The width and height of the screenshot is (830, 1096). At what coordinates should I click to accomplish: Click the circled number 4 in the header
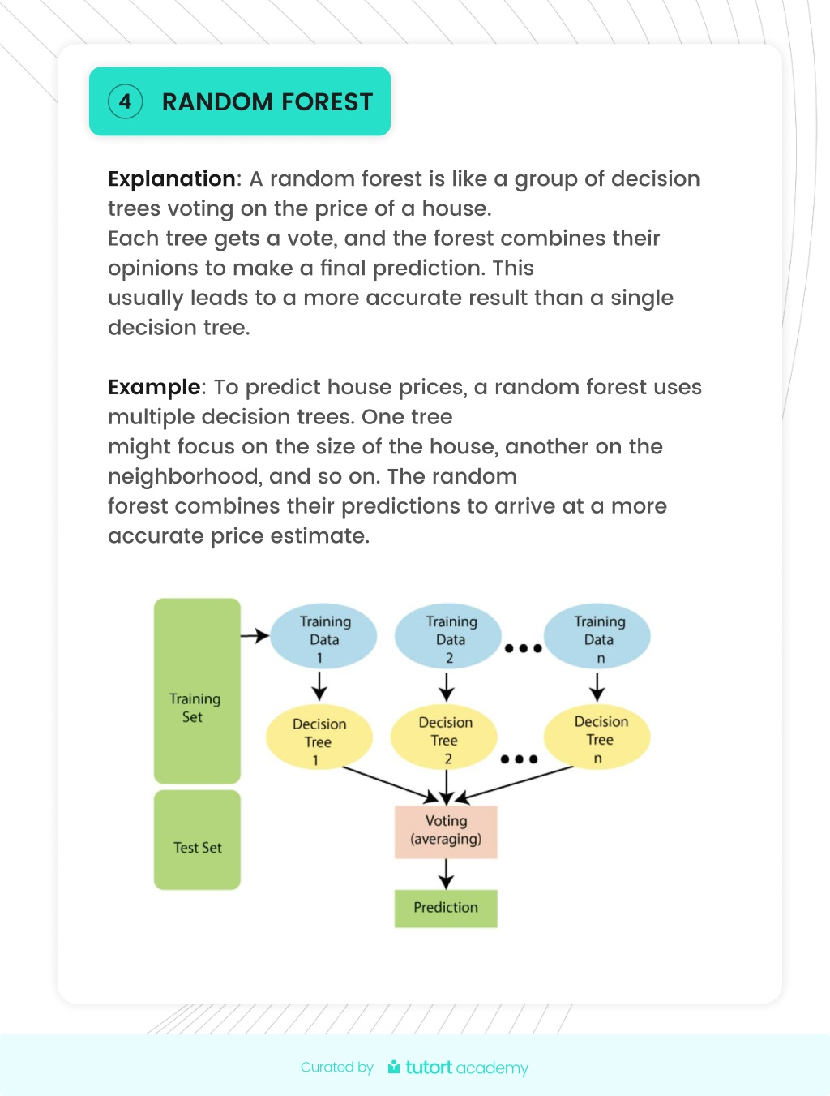click(125, 101)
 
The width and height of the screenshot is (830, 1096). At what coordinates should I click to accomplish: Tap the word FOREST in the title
click(327, 102)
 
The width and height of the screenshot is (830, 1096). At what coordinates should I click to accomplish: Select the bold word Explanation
click(172, 178)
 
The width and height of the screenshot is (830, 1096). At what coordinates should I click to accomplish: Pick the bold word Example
click(154, 387)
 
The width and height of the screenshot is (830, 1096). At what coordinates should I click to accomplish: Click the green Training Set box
click(197, 690)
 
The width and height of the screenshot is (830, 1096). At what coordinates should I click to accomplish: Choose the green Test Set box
click(197, 840)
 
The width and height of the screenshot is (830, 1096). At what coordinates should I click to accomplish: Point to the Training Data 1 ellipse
click(323, 636)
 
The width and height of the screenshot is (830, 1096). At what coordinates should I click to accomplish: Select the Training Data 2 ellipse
click(448, 636)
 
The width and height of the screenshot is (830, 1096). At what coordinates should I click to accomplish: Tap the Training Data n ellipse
click(597, 636)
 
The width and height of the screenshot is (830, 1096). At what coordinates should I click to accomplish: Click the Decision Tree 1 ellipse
click(319, 737)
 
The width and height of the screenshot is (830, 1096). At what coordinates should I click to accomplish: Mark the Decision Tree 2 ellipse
click(444, 737)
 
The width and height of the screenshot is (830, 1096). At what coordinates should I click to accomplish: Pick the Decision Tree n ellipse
click(597, 737)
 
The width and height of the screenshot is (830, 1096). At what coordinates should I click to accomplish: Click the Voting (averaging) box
click(446, 832)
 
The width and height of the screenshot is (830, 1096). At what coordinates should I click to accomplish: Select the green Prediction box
click(446, 909)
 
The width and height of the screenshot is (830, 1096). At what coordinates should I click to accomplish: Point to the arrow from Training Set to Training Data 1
click(255, 636)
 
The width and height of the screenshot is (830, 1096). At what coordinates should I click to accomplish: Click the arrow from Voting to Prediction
click(446, 874)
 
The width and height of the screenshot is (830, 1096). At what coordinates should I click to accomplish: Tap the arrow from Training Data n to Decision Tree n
click(597, 687)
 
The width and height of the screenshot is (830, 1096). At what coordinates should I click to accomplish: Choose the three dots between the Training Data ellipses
click(523, 648)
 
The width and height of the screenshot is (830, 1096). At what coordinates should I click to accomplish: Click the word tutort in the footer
click(429, 1067)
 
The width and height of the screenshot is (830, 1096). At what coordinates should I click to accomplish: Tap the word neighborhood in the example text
click(184, 476)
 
